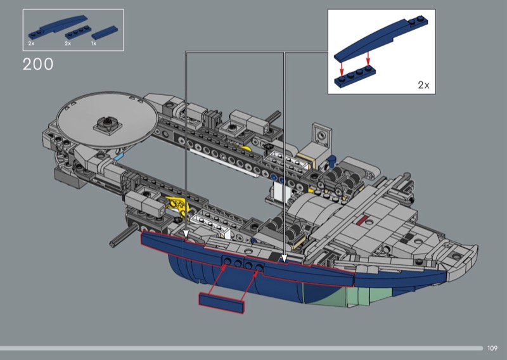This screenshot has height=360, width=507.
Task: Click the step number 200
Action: pyautogui.click(x=38, y=64)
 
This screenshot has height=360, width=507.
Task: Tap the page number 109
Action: pyautogui.click(x=492, y=348)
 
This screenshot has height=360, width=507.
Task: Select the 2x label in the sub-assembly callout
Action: pyautogui.click(x=423, y=85)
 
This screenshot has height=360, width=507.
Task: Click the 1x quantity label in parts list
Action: pyautogui.click(x=93, y=43)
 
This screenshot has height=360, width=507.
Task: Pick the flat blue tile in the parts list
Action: pyautogui.click(x=105, y=33)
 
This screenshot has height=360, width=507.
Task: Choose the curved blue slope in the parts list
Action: pyautogui.click(x=58, y=27)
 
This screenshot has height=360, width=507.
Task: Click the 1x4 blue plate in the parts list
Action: pyautogui.click(x=78, y=32)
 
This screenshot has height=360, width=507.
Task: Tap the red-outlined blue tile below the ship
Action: pyautogui.click(x=221, y=303)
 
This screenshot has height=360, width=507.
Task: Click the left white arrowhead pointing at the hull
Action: pyautogui.click(x=186, y=234)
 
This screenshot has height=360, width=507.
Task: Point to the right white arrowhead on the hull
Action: pyautogui.click(x=284, y=258)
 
